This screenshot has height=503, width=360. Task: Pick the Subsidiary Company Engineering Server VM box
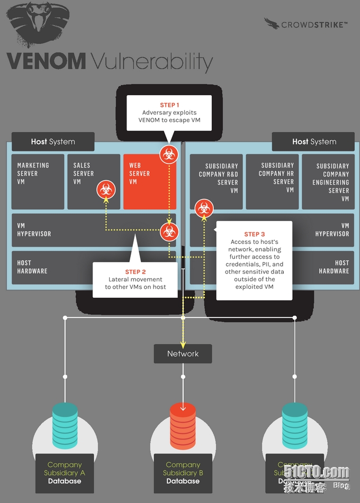(328, 182)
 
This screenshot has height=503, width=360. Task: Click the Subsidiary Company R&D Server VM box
(216, 181)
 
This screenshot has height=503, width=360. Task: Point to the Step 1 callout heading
(169, 105)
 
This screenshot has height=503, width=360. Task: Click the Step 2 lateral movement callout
(136, 279)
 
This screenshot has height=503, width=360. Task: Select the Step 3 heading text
(255, 234)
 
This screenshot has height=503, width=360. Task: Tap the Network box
(183, 354)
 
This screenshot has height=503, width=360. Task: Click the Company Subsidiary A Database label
(65, 473)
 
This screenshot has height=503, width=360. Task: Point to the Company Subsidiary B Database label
(183, 473)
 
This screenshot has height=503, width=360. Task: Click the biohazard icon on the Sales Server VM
(105, 189)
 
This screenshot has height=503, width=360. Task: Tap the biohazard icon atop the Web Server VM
(169, 154)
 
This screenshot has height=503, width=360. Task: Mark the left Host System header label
(53, 142)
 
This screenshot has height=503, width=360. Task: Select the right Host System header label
(314, 142)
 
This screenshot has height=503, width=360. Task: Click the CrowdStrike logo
(306, 24)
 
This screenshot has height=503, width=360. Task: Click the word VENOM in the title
(46, 61)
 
